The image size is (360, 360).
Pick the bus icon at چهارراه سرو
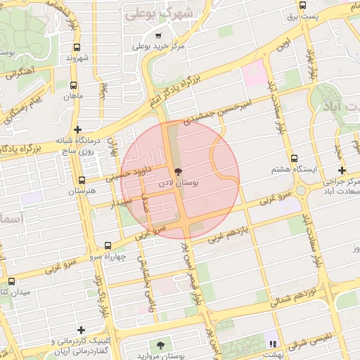(x=108, y=245)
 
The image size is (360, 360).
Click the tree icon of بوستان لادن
(x=177, y=172)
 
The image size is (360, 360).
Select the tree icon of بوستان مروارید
(x=160, y=345)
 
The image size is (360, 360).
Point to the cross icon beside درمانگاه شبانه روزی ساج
(x=77, y=129)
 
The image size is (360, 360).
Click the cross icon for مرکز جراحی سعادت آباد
(x=342, y=171)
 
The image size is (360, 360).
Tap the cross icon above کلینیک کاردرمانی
(x=82, y=330)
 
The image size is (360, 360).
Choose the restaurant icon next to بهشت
(x=272, y=344)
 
